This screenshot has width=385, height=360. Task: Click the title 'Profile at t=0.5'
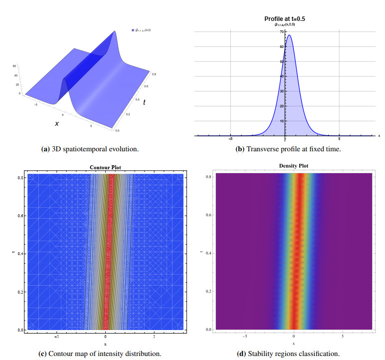tap(284, 18)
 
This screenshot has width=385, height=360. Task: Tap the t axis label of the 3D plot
tap(145, 102)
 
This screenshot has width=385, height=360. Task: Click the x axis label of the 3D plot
tap(56, 123)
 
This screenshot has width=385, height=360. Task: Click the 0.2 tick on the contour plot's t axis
tap(22, 292)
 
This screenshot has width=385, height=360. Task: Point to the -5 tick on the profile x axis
tap(231, 139)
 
